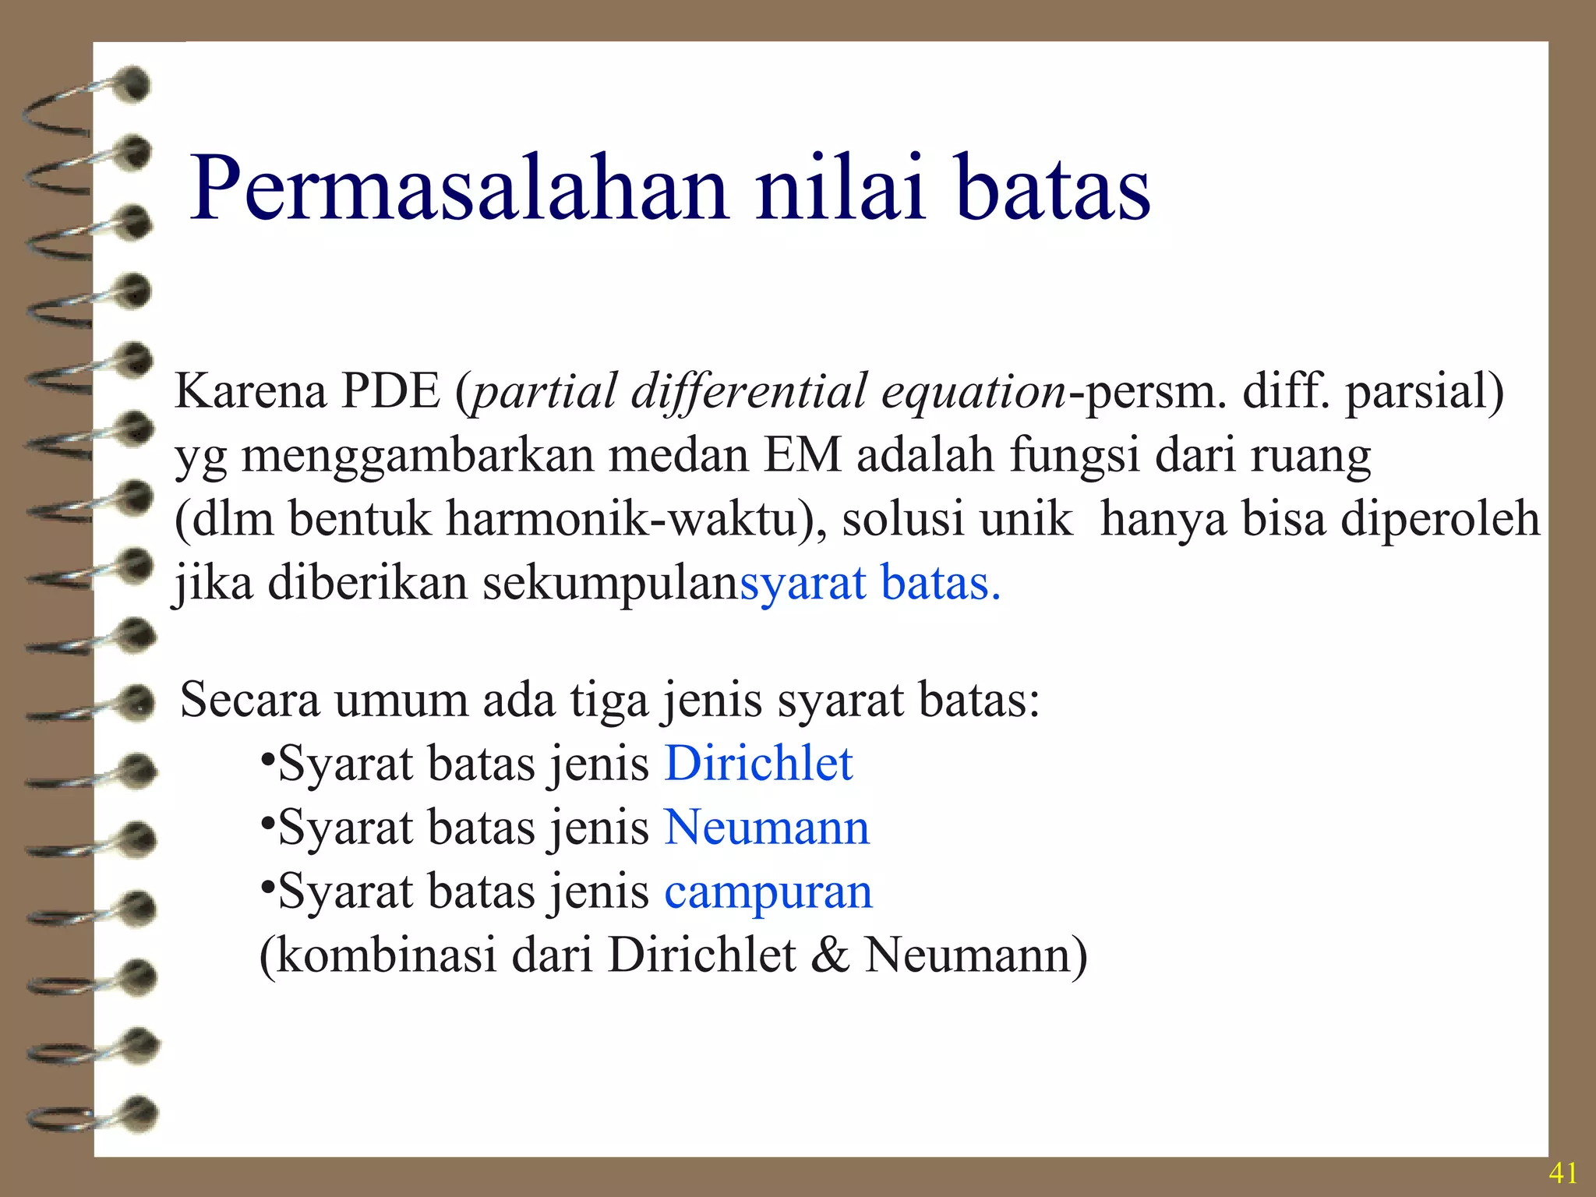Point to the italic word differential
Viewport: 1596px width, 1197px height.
tap(748, 391)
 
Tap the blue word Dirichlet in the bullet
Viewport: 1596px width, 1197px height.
tap(758, 764)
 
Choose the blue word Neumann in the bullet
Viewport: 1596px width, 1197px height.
tap(767, 828)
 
